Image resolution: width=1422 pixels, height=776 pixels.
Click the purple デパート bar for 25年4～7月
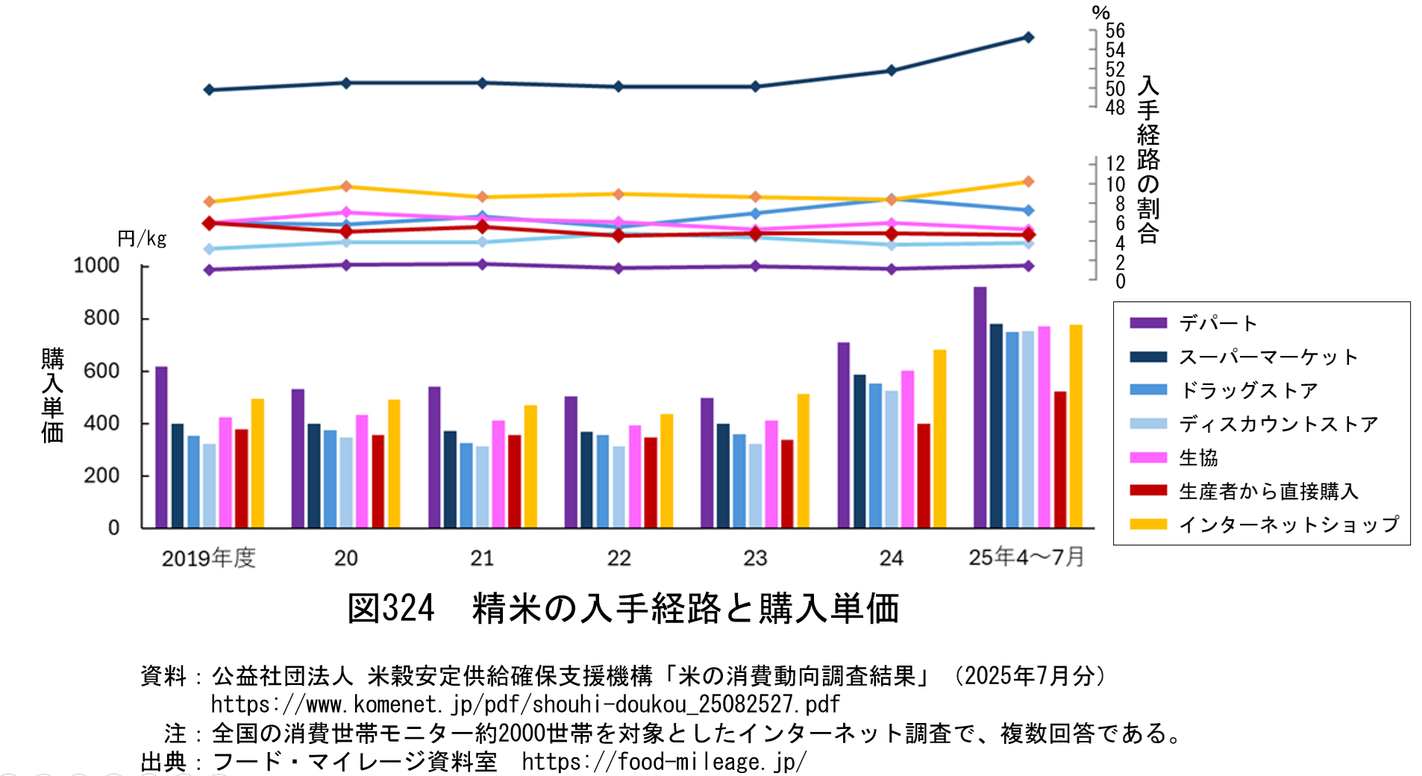tap(980, 407)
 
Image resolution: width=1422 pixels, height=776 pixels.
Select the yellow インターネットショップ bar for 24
tap(939, 439)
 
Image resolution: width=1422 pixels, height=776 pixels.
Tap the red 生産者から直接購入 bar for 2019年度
tap(241, 478)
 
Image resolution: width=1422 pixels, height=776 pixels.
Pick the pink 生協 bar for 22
tap(635, 476)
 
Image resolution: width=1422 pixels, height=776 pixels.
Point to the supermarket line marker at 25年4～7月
tap(1028, 37)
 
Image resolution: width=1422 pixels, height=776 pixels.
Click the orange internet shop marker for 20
tap(346, 186)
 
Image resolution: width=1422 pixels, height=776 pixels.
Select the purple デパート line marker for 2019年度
tap(210, 269)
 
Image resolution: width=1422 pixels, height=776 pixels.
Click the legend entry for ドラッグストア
tap(1248, 390)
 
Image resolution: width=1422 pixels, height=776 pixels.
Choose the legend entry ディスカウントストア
tap(1278, 424)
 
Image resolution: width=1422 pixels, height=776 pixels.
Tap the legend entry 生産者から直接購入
tap(1268, 491)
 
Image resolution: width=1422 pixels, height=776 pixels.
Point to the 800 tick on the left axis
tap(101, 318)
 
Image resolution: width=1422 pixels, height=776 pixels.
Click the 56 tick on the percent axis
tap(1115, 31)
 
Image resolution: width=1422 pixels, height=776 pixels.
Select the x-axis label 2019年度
tap(209, 557)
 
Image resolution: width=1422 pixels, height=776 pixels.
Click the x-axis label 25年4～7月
tap(1026, 557)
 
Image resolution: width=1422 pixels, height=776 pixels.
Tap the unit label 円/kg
tap(142, 239)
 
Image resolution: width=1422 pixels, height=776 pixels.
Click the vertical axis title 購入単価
tap(52, 395)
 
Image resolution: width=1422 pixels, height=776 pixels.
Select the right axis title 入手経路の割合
tap(1148, 160)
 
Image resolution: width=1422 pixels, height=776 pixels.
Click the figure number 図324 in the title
tap(391, 608)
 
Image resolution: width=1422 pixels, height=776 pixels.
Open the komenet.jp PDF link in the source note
tap(525, 704)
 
